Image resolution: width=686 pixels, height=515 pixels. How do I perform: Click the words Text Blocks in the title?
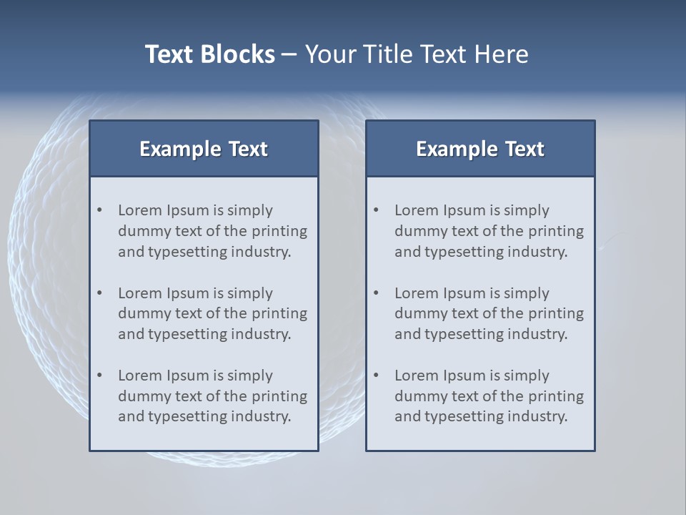(209, 54)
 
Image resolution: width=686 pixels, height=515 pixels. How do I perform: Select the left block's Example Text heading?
(204, 149)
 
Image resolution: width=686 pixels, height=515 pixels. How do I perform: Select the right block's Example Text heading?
(480, 149)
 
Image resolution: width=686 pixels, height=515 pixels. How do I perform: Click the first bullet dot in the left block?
(100, 210)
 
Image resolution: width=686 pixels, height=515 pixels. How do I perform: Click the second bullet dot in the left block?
(100, 293)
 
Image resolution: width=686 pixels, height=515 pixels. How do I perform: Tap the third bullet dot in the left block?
(100, 376)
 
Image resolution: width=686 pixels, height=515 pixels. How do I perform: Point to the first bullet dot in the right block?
(377, 210)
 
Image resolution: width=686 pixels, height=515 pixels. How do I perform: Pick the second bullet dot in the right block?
(377, 293)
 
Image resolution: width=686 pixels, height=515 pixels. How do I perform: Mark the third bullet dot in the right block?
(377, 376)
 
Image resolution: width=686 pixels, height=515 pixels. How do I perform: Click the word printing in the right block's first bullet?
(555, 231)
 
